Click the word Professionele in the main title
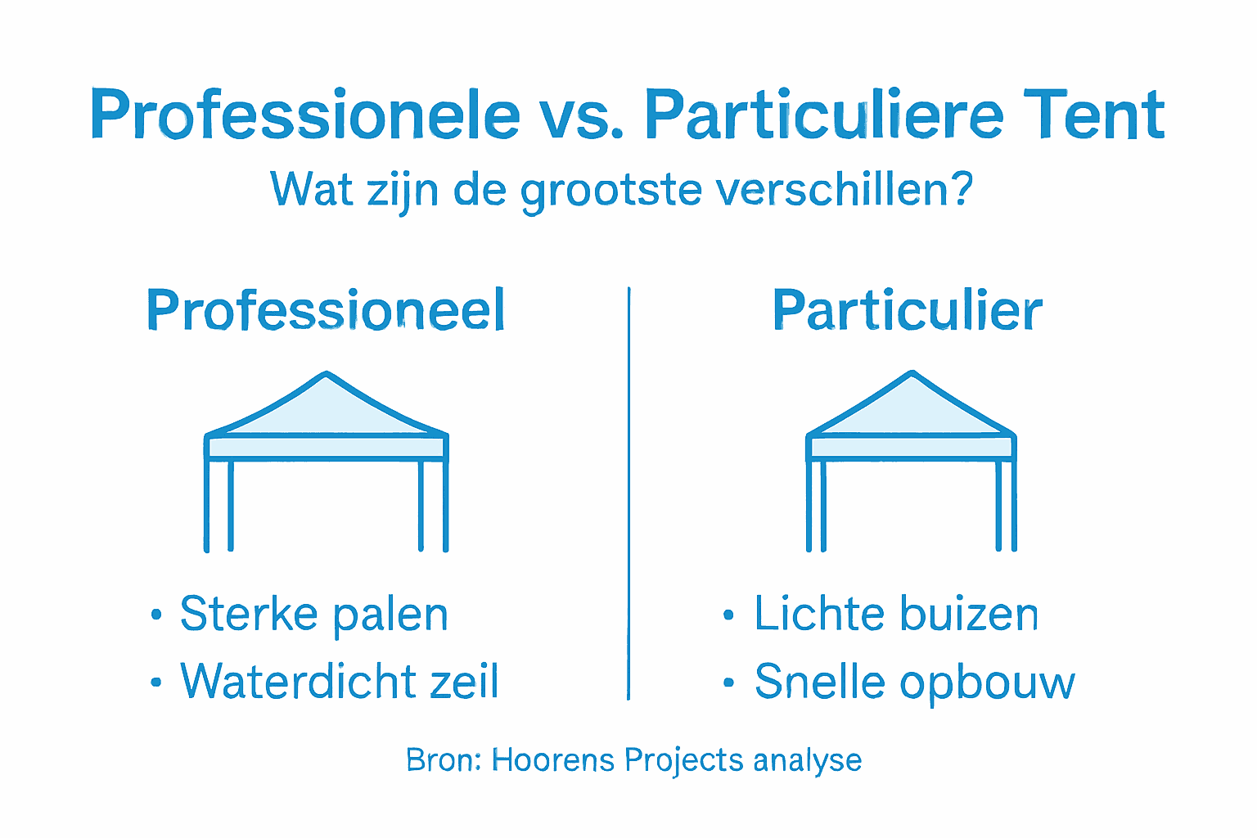pos(304,115)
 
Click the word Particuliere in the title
pos(823,114)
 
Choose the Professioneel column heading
pos(326,310)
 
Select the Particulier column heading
pos(907,310)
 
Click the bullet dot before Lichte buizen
pos(728,615)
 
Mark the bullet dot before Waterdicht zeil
pos(156,683)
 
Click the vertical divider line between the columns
pos(628,491)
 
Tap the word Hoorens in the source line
pos(552,760)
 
